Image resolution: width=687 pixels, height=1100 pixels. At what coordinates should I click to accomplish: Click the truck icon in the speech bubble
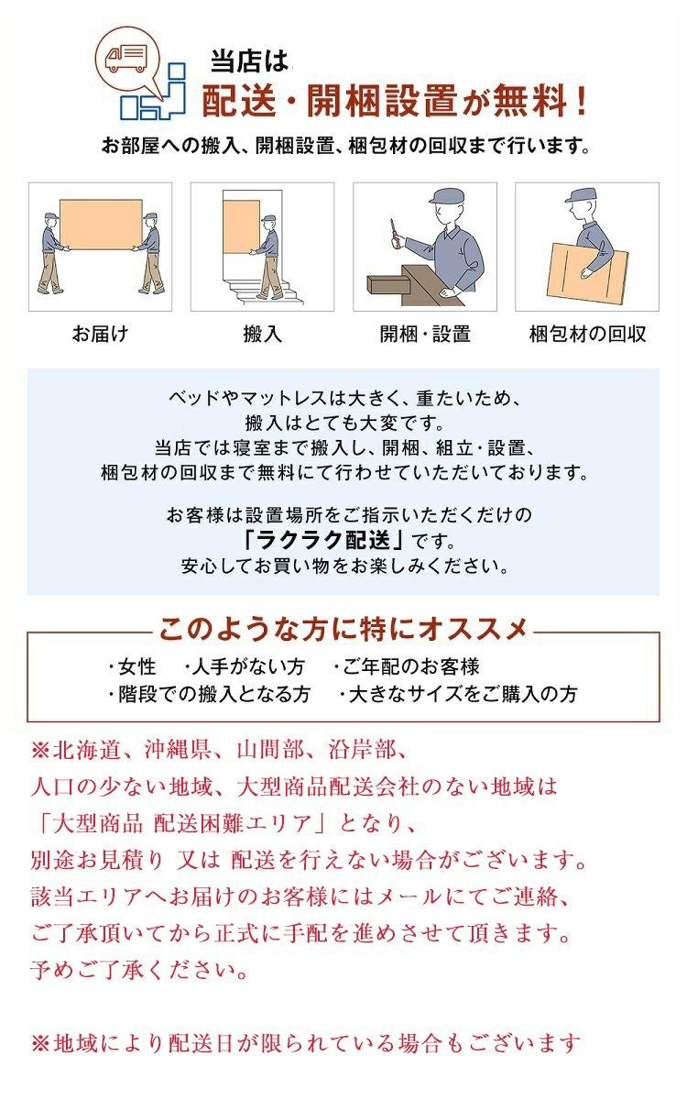coord(126,60)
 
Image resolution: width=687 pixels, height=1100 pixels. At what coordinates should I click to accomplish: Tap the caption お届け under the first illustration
coord(100,334)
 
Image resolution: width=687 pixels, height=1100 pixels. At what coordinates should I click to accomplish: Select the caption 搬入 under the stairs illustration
coord(263,334)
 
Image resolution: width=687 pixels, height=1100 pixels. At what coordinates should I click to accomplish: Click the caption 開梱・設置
coord(425,334)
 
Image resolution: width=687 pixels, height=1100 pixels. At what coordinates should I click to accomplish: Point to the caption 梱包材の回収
coord(587,334)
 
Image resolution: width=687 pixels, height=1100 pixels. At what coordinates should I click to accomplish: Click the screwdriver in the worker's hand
coord(393,231)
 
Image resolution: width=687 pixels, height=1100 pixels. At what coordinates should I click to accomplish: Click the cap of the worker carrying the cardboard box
coord(581,194)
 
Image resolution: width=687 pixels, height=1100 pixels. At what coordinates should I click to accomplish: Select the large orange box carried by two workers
coord(101,225)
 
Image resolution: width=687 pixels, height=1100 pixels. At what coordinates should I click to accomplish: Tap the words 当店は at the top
coord(249,62)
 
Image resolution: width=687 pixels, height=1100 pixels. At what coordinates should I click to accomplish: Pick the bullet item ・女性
coord(132,667)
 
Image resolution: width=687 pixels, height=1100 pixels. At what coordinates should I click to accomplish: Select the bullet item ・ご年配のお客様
coord(406,667)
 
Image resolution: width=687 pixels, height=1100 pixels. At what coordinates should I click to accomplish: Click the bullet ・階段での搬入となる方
coord(209,695)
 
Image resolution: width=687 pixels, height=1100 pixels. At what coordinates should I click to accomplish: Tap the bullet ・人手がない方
coord(244,667)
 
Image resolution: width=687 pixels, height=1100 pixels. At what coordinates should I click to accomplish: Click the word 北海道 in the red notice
coord(87,750)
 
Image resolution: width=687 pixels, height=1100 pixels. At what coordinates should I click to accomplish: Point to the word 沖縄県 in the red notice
coord(178,750)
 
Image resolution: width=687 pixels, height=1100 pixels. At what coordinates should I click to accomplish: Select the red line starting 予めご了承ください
coord(139,970)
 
